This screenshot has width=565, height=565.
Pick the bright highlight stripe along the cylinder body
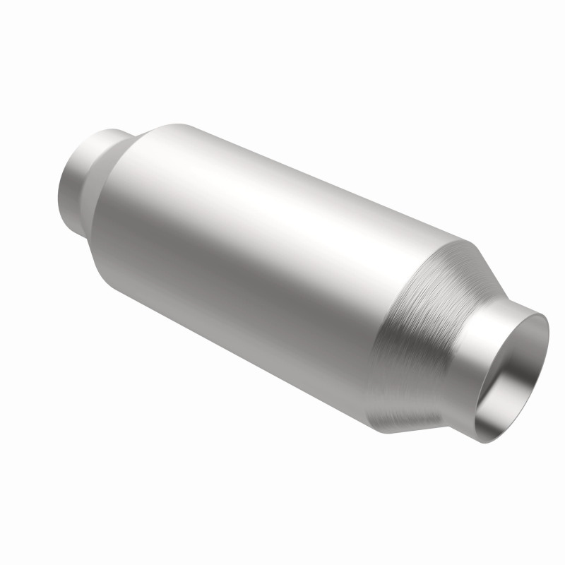click(282, 212)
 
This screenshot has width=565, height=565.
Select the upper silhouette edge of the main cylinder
click(318, 177)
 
